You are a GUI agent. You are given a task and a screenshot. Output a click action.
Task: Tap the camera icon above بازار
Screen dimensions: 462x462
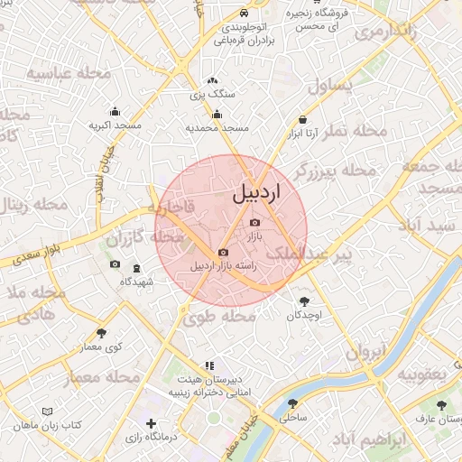tap(254, 222)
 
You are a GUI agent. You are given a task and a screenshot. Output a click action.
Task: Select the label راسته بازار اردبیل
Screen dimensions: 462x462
tap(225, 266)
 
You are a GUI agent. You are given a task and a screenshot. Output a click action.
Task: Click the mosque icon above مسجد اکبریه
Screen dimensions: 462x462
tap(115, 112)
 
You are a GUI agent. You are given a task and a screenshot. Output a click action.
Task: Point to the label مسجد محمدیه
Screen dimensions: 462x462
tap(217, 128)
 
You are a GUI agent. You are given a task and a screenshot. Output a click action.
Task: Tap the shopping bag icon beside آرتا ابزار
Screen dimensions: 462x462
tap(301, 120)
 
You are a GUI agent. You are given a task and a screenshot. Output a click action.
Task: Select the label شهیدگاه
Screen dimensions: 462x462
tap(137, 282)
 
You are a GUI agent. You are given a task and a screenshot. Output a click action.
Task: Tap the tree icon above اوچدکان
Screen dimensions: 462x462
tap(304, 301)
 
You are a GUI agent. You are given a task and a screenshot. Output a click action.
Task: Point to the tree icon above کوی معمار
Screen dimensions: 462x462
tap(100, 333)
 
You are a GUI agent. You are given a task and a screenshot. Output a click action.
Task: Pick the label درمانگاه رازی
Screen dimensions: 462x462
tap(151, 437)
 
